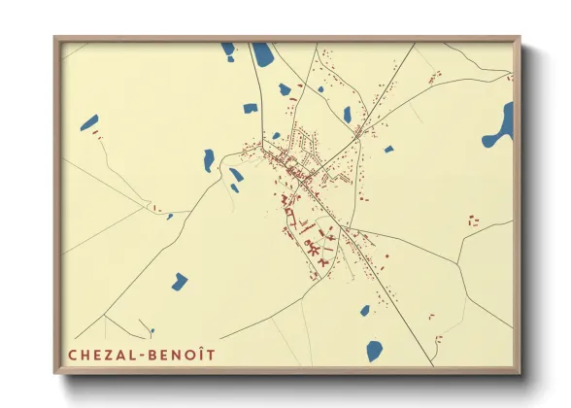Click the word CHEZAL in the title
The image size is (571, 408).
(x=101, y=356)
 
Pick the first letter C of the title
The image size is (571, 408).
(x=71, y=356)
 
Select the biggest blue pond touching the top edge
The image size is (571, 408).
(x=263, y=54)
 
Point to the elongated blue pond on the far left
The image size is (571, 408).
(x=89, y=123)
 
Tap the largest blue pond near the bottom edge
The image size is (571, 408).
(x=375, y=351)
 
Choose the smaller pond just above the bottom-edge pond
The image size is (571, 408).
(x=365, y=311)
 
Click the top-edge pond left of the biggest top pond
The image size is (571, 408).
(x=227, y=48)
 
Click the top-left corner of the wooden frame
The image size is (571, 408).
(x=55, y=38)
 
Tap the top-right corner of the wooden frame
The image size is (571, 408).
(x=520, y=38)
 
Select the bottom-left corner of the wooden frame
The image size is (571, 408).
(x=55, y=374)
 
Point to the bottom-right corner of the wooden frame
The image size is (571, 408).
(x=520, y=374)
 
